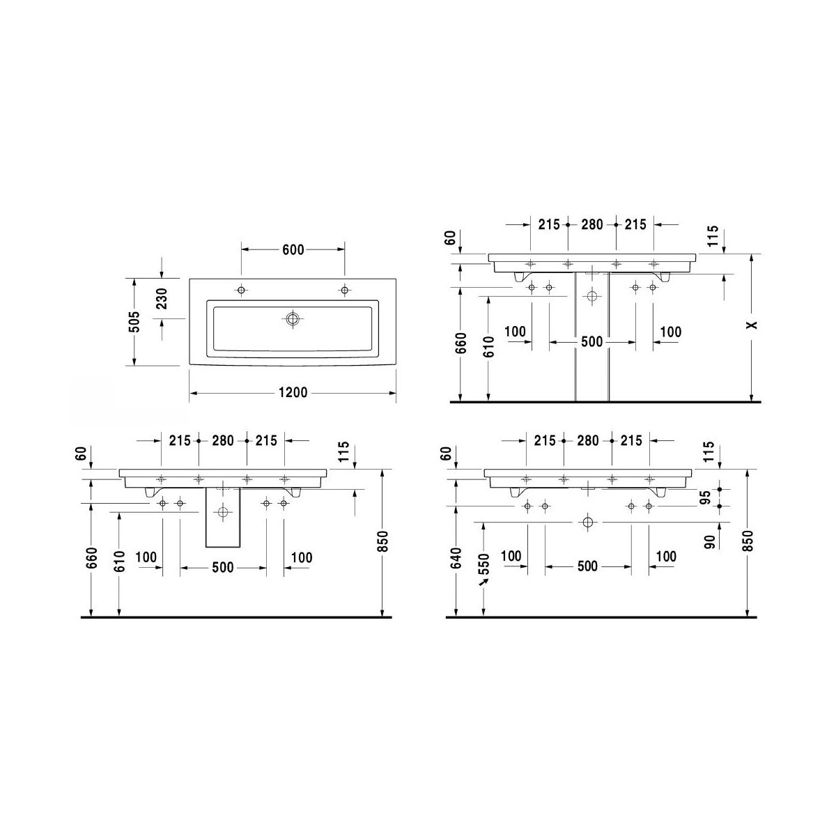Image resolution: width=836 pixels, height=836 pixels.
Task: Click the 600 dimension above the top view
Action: pyautogui.click(x=293, y=250)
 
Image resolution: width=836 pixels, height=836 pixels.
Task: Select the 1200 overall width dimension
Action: pyautogui.click(x=293, y=393)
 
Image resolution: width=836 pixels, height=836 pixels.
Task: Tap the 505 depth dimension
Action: pyautogui.click(x=136, y=321)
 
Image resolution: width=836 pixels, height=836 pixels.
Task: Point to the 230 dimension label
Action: pyautogui.click(x=162, y=298)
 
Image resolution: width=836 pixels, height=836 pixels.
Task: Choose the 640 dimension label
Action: pyautogui.click(x=457, y=558)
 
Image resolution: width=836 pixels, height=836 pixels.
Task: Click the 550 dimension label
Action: pyautogui.click(x=485, y=564)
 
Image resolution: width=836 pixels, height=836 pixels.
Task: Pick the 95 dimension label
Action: pyautogui.click(x=706, y=497)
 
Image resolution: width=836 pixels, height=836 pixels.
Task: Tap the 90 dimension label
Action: pyautogui.click(x=709, y=542)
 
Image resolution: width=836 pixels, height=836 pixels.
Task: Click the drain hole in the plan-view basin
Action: pyautogui.click(x=293, y=319)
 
